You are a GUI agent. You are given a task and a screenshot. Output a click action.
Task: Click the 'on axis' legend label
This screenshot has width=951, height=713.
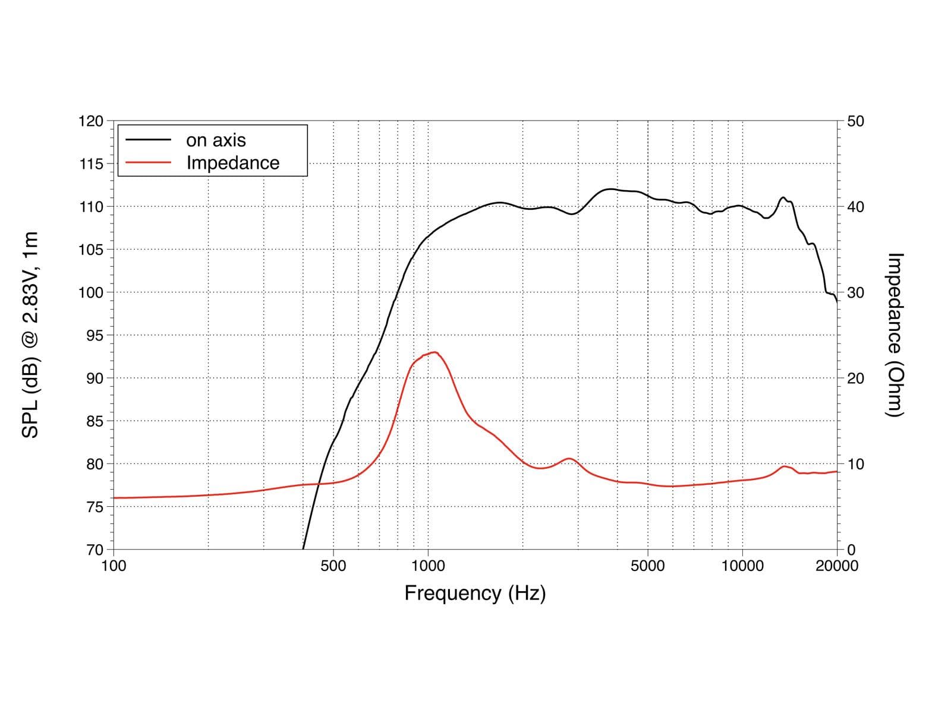[216, 140]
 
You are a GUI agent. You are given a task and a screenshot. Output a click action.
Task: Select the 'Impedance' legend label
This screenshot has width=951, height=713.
[232, 163]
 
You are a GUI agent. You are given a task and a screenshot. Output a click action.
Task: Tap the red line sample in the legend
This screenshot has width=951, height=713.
[148, 162]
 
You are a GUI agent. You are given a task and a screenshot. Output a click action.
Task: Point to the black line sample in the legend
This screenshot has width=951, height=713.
[148, 140]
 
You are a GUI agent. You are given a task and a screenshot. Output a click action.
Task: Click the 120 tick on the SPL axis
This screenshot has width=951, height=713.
[90, 121]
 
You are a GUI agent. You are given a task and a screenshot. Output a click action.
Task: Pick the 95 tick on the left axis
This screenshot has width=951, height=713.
[95, 336]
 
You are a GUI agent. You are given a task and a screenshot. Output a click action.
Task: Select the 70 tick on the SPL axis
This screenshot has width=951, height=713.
[95, 550]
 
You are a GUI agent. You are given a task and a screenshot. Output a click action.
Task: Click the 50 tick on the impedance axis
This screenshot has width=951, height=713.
[855, 121]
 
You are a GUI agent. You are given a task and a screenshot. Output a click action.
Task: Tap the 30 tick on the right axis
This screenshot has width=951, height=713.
[855, 293]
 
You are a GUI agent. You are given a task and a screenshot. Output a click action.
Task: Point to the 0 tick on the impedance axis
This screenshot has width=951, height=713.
[851, 550]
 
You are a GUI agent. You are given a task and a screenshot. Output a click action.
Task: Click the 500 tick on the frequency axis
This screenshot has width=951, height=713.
[333, 566]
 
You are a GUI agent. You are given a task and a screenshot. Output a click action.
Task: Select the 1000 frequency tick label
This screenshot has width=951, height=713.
[428, 566]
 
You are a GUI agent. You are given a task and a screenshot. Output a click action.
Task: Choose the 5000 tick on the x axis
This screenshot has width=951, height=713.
[647, 566]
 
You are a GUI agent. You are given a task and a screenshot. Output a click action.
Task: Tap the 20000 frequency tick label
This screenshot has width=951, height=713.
[837, 566]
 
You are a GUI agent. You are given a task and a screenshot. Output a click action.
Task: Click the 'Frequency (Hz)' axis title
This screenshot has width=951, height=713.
[475, 593]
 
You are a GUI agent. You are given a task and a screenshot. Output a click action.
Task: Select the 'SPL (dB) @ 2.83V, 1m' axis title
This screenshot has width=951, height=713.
[30, 335]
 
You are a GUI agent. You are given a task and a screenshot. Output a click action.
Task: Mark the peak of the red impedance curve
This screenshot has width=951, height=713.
[434, 352]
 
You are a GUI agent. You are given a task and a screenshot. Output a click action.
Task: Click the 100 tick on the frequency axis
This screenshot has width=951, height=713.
[114, 566]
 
